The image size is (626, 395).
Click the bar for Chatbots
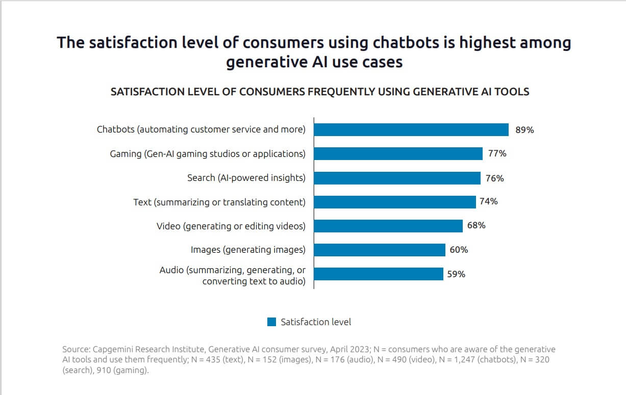tap(411, 129)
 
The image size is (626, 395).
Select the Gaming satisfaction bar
tap(398, 153)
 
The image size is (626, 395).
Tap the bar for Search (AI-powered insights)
tap(397, 178)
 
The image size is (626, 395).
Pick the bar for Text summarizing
tap(395, 202)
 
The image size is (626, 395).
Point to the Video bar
tap(388, 226)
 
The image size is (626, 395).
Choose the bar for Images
tap(380, 250)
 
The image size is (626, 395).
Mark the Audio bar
tap(379, 274)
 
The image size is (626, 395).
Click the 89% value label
tap(524, 130)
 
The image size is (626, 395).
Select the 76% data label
tap(494, 178)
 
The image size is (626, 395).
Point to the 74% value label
tap(488, 201)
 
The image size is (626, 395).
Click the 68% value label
tap(476, 225)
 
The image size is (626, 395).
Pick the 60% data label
tap(459, 250)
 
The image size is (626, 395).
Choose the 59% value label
tap(456, 274)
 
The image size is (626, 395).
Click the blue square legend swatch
tap(271, 322)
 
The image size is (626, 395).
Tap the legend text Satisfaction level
tap(316, 322)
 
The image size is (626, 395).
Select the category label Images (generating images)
tap(248, 250)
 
